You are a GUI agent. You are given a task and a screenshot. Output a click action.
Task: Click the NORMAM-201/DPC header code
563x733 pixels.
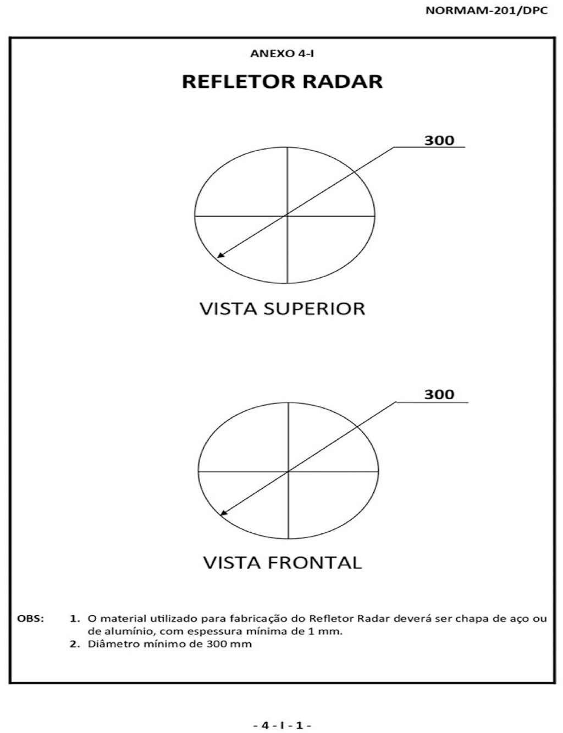[487, 10]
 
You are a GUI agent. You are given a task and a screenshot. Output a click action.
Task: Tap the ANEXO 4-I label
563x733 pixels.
[282, 54]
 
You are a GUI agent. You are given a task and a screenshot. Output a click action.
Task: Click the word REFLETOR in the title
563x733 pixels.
[238, 81]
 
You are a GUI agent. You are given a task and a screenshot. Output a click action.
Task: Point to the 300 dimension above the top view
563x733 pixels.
[439, 140]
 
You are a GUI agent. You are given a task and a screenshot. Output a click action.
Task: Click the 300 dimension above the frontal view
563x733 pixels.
[439, 394]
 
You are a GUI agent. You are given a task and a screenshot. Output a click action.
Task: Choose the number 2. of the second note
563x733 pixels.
[75, 644]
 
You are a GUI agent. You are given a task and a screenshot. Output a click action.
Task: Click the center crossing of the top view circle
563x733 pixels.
[287, 215]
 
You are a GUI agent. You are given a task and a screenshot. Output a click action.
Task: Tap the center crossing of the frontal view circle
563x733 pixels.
[288, 471]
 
